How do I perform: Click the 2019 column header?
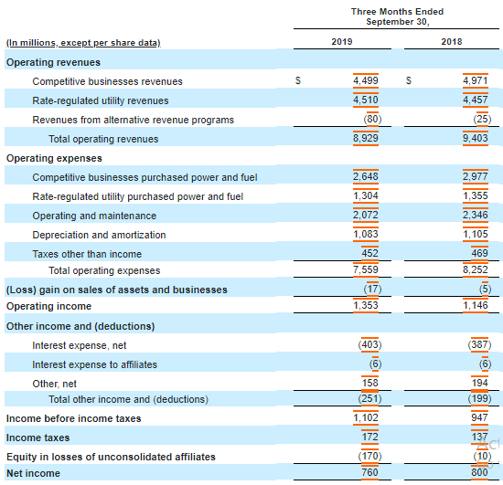point(342,42)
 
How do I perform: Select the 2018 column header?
point(452,42)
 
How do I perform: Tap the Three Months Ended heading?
point(397,12)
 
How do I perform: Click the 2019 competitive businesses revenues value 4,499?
point(366,80)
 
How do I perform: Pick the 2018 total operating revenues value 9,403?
point(475,138)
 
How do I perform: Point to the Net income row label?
point(33,473)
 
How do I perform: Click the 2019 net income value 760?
point(369,472)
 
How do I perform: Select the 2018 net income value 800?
point(479,472)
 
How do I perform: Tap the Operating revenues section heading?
point(53,62)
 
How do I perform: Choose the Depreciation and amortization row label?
point(99,235)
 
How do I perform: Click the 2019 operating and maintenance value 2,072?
point(366,215)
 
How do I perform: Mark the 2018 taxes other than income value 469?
point(479,253)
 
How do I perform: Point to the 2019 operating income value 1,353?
point(366,305)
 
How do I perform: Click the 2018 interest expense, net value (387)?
point(479,344)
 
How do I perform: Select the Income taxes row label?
point(37,438)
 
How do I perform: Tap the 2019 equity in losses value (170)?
point(369,456)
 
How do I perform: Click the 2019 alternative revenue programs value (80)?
point(372,119)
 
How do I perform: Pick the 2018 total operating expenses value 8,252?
point(475,269)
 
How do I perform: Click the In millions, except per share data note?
point(83,43)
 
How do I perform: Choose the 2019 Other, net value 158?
point(369,383)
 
